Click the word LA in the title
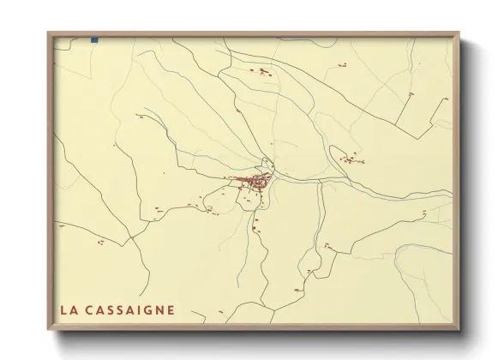coord(68,310)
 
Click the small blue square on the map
coord(94,39)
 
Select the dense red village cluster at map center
coord(255,181)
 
